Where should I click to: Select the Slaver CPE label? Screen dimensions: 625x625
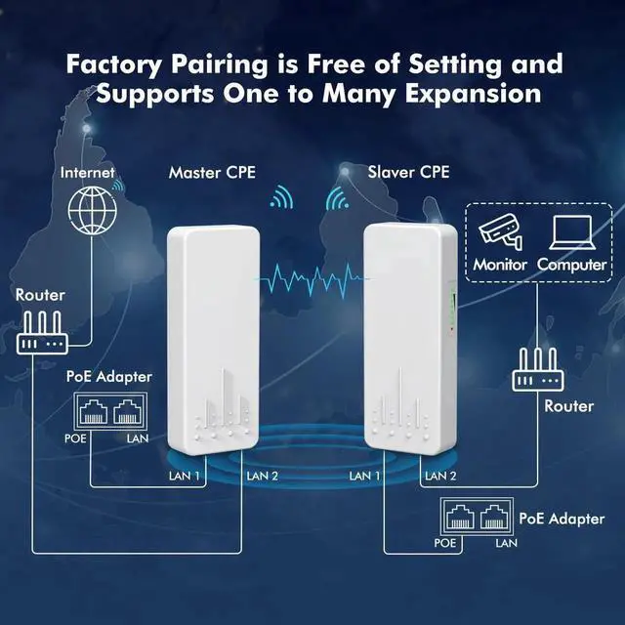tap(408, 172)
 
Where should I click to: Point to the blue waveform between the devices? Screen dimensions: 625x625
tap(310, 277)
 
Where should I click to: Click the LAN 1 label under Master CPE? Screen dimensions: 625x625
tap(186, 476)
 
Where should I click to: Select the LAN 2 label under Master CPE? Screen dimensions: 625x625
tap(263, 476)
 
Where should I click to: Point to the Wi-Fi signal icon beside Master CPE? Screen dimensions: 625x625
tap(282, 200)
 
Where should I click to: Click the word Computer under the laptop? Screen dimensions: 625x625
tap(571, 264)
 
